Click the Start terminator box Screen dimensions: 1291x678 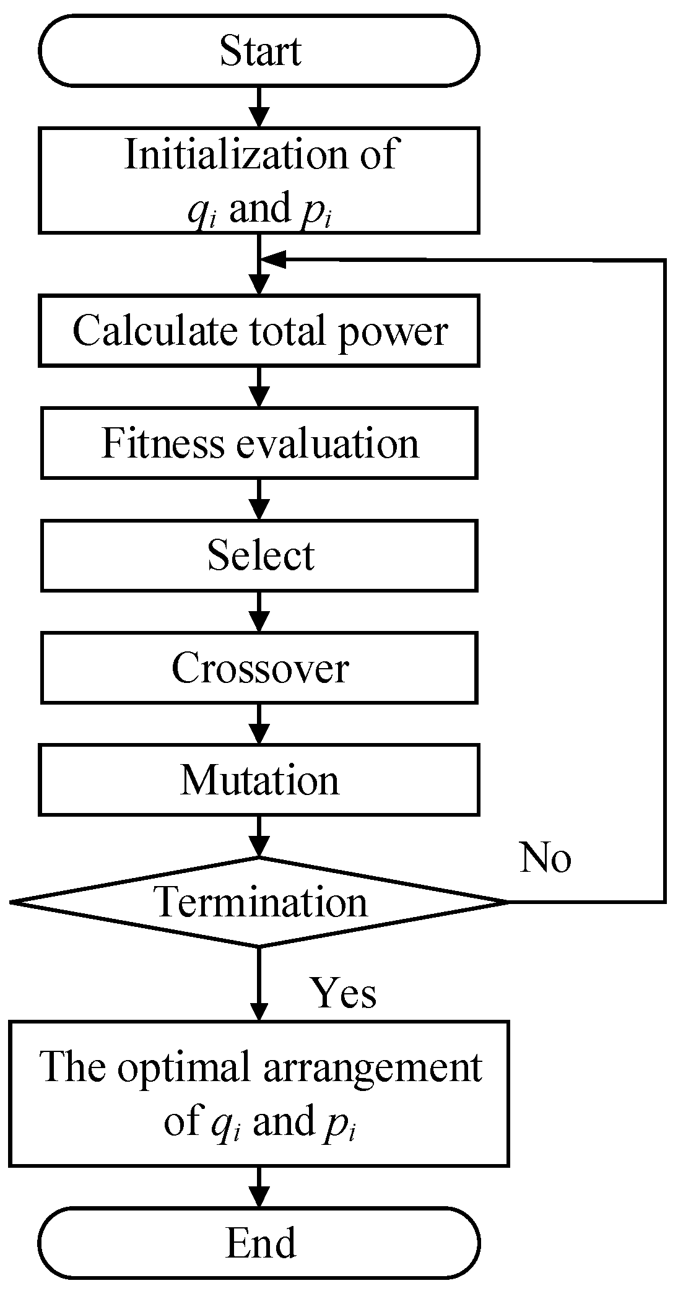259,51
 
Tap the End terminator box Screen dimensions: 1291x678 259,1242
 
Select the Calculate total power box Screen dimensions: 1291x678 259,331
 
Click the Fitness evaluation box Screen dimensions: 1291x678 259,443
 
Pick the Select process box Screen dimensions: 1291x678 259,555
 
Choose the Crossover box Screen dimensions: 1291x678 259,668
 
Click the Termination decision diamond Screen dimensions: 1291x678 259,902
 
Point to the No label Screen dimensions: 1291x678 545,858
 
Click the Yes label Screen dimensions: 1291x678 344,993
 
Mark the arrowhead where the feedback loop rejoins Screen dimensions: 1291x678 272,260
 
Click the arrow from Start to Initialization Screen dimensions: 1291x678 259,106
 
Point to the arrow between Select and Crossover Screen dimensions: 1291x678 259,611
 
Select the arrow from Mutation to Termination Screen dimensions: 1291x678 259,836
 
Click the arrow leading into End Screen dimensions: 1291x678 259,1186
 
